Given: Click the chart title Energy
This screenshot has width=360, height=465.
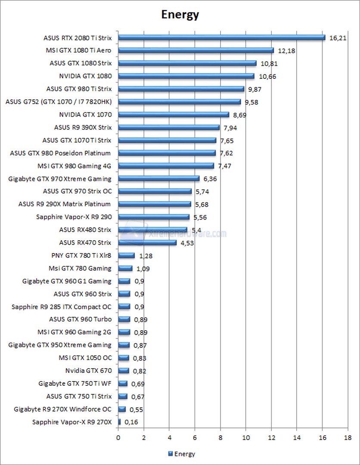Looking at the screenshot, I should click(180, 15).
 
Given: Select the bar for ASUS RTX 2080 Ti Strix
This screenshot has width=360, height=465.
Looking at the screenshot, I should click(221, 37).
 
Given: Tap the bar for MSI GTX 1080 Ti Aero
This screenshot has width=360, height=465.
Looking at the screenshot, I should click(196, 50).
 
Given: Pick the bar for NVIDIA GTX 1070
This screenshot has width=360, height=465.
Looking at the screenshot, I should click(174, 115).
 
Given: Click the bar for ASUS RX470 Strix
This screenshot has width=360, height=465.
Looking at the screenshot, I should click(147, 243).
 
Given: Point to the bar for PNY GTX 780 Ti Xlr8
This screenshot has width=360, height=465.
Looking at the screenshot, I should click(126, 256).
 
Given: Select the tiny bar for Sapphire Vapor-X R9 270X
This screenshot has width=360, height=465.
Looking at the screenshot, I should click(119, 422).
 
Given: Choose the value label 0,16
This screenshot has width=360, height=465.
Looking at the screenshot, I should click(131, 422).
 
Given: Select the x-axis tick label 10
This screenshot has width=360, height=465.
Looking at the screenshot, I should click(245, 438).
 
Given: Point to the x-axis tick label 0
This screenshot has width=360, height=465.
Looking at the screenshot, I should click(118, 438).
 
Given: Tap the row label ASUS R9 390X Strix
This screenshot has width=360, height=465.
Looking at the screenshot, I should click(83, 127).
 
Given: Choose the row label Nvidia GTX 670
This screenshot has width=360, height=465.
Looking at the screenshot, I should click(88, 371).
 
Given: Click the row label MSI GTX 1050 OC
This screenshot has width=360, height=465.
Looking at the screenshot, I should click(85, 358).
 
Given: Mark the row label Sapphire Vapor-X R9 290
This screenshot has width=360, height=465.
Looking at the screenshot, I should click(74, 217).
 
